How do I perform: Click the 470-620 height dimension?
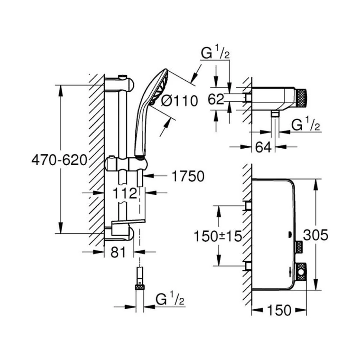tap(59, 160)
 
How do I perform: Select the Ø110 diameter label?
tap(179, 100)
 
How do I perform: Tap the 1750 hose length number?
tap(188, 176)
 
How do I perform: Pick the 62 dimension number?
tap(216, 99)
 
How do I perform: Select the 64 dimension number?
tap(264, 147)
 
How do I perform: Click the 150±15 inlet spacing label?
tap(218, 236)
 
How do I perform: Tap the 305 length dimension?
tap(316, 235)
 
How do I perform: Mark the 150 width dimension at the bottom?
tap(279, 310)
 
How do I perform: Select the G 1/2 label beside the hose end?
tap(170, 299)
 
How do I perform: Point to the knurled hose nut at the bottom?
tap(140, 287)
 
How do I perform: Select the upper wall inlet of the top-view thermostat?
tap(248, 205)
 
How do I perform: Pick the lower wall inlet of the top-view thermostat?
tap(248, 266)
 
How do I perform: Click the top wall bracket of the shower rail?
tap(120, 84)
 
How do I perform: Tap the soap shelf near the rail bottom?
tap(128, 221)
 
